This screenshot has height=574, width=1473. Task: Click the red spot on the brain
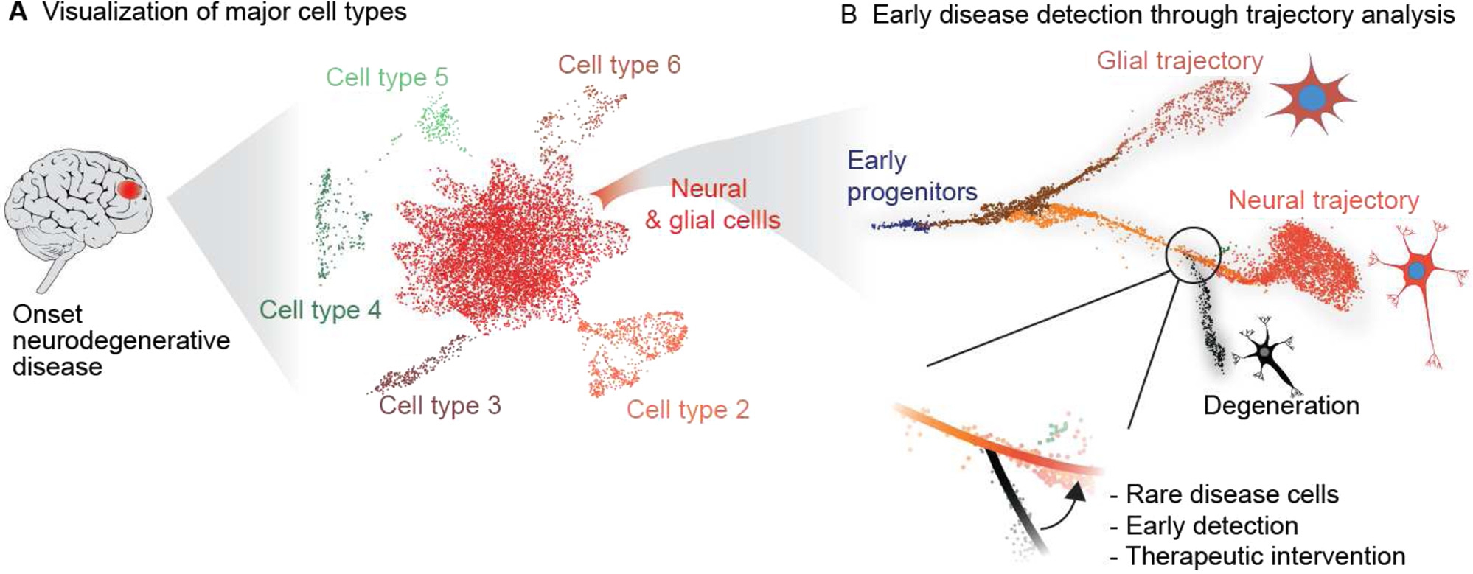click(130, 189)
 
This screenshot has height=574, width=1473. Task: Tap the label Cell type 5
click(386, 77)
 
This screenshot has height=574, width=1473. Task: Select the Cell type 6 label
click(619, 65)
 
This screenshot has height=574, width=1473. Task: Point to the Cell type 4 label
click(320, 309)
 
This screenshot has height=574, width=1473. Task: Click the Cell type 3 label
click(439, 405)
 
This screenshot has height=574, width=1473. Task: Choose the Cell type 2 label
click(687, 409)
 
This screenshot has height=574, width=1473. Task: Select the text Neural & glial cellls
click(711, 204)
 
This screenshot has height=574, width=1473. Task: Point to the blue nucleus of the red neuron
click(1415, 270)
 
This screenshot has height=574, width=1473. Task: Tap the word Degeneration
click(1281, 405)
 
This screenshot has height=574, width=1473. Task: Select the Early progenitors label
click(910, 176)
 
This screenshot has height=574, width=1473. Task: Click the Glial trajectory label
click(1180, 60)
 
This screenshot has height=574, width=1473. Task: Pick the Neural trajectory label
click(1323, 200)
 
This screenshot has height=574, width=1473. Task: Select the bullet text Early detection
click(1211, 525)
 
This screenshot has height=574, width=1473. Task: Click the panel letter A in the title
click(18, 13)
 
